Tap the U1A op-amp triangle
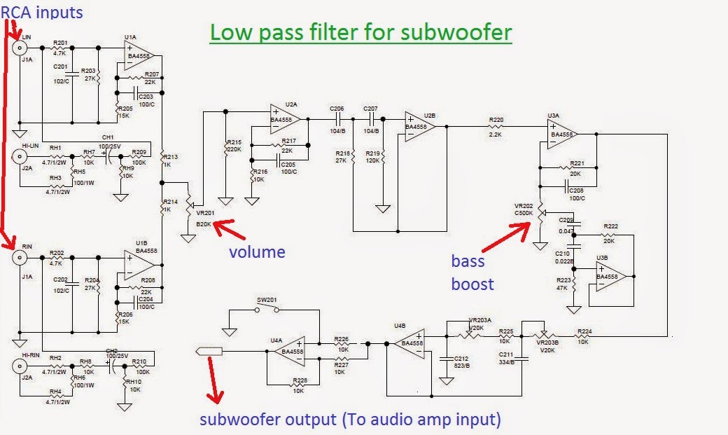(x=139, y=56)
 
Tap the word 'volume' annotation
(x=258, y=251)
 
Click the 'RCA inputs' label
(x=42, y=12)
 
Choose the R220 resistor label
(x=496, y=120)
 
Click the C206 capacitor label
(x=337, y=109)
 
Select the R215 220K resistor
(x=225, y=147)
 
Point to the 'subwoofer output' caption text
(x=350, y=420)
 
